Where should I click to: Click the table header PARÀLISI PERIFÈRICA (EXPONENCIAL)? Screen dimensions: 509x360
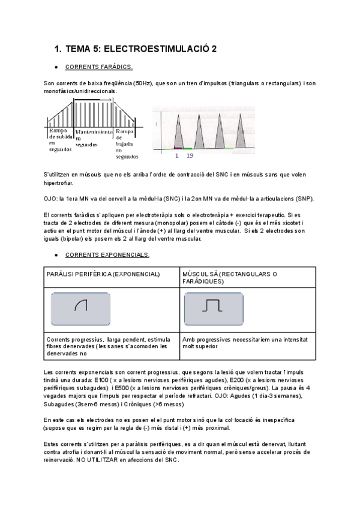103,274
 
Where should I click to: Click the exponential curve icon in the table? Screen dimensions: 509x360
81,306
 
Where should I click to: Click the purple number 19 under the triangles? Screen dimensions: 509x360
190,155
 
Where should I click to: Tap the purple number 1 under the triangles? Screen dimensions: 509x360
177,155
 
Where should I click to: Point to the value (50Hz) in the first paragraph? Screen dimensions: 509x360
142,83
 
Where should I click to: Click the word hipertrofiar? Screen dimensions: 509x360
59,182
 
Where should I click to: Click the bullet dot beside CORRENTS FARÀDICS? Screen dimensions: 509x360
56,67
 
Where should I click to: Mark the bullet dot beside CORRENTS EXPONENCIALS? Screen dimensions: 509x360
56,254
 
